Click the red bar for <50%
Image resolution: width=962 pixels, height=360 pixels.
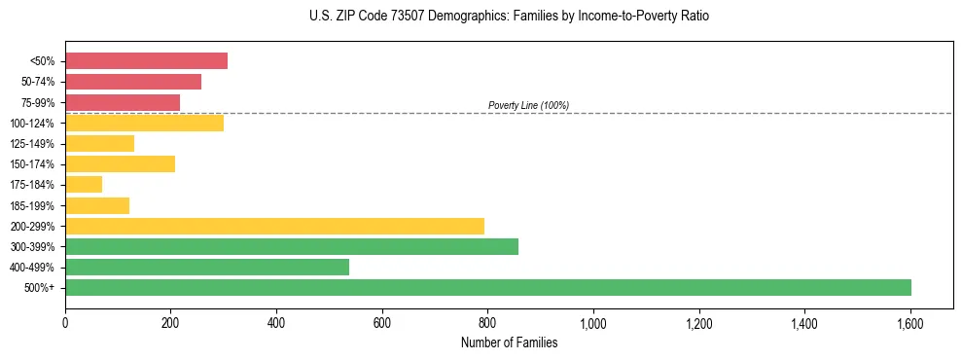(x=146, y=61)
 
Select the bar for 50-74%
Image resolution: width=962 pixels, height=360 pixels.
(x=133, y=82)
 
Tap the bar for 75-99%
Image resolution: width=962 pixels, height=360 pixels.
(x=123, y=102)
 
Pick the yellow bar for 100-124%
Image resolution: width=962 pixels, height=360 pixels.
(x=144, y=123)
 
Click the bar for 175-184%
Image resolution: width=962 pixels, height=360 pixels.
(x=84, y=184)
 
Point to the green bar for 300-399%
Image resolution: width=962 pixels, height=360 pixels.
(x=292, y=246)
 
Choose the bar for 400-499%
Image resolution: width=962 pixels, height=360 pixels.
(x=207, y=267)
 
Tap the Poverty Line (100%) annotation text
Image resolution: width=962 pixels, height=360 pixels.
(x=528, y=105)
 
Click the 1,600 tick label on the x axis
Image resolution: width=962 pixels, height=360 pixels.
(x=910, y=322)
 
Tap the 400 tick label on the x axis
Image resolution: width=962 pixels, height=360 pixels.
(x=276, y=322)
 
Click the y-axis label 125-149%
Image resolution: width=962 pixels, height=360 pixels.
(x=32, y=144)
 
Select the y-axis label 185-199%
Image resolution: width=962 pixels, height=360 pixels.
(x=32, y=205)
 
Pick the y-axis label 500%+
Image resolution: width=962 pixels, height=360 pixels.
(x=40, y=288)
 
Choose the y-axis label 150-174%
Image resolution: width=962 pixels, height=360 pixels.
(x=32, y=164)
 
